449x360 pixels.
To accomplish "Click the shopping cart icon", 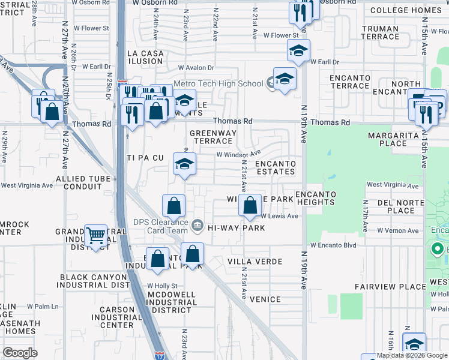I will coord(95,235).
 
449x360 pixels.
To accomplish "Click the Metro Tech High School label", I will coord(218,84).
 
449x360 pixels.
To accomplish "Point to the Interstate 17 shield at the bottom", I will coord(159,355).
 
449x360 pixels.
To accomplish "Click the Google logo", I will coord(20,353).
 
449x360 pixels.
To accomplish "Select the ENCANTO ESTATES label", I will coord(276,167).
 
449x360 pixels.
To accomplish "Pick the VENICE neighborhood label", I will coord(265,299).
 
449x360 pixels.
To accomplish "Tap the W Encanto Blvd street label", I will coord(333,246).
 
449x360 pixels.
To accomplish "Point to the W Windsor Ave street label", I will coord(239,155).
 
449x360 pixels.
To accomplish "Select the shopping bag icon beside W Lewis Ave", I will coord(249,206).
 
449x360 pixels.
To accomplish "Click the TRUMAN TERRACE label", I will coord(381,32).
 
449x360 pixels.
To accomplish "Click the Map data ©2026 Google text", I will coord(411,355).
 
